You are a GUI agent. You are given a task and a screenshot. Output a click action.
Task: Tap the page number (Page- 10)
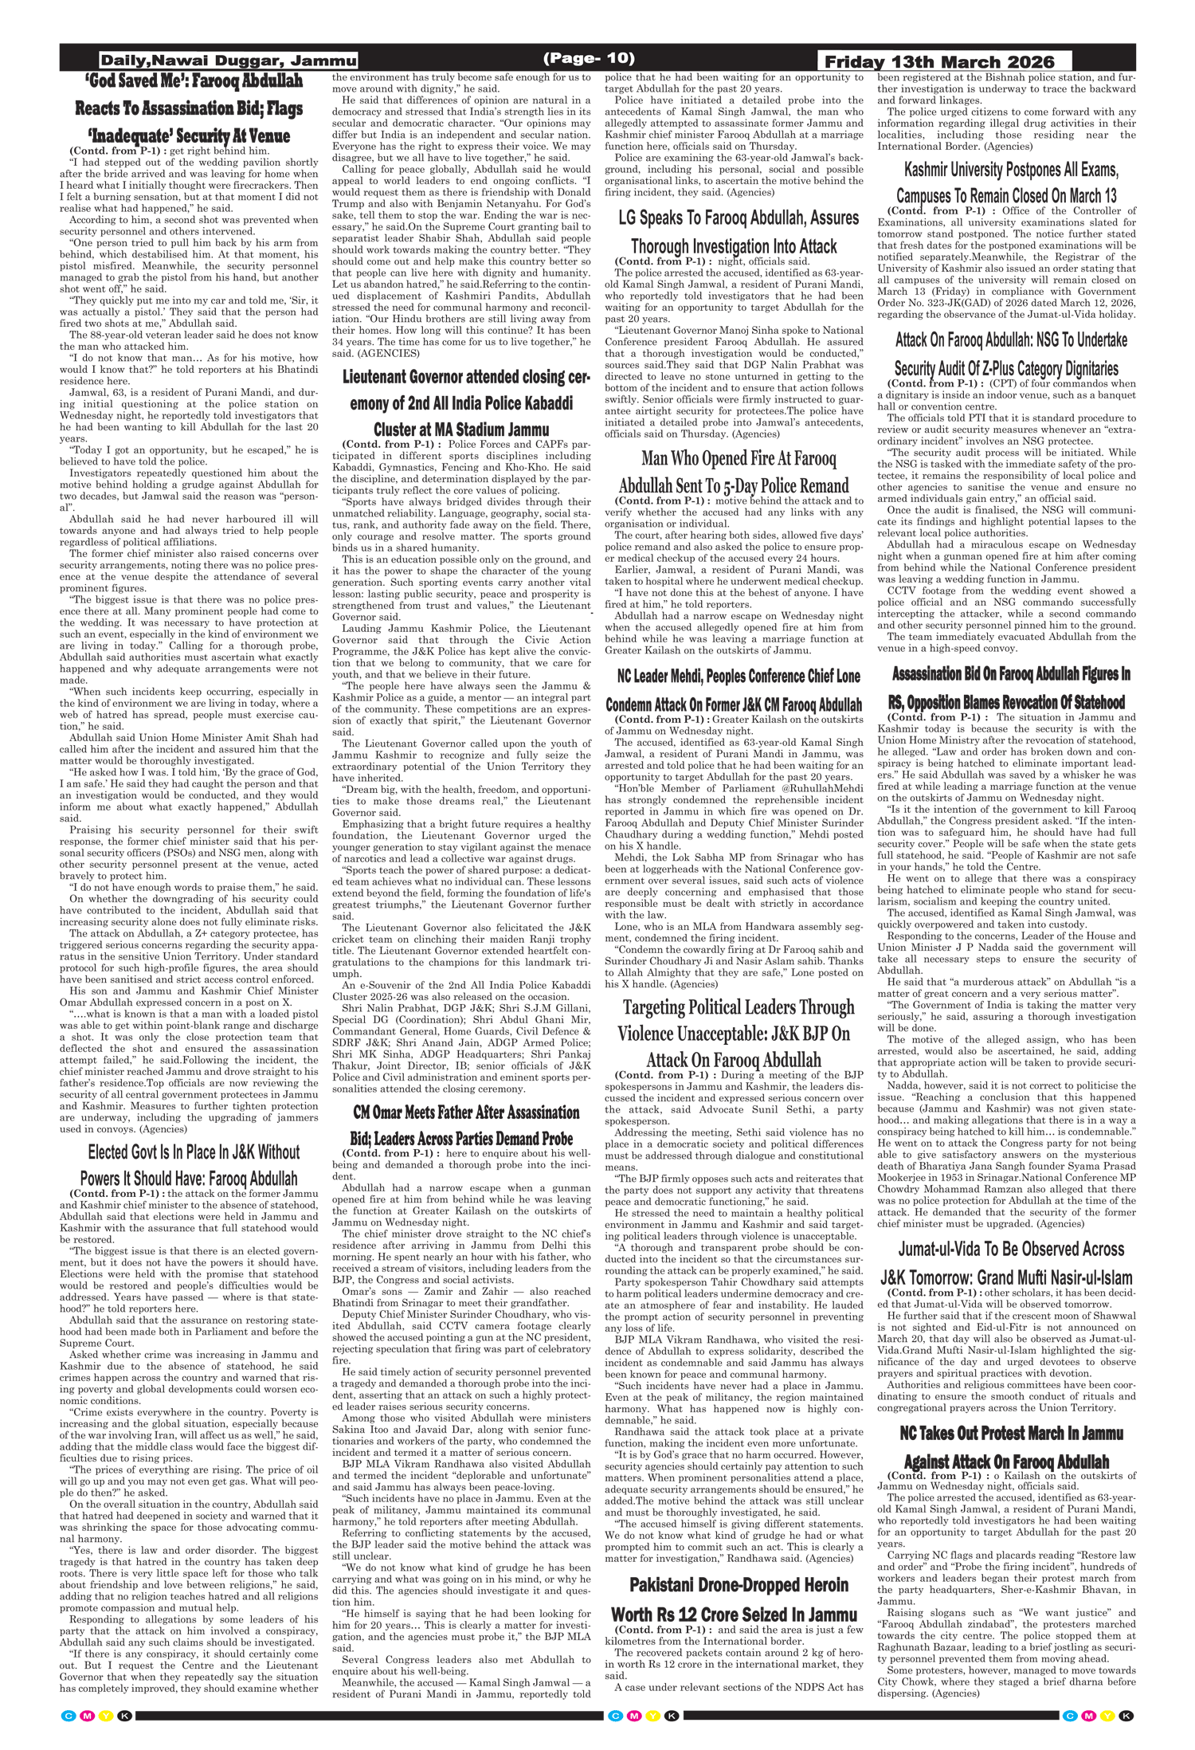coord(589,58)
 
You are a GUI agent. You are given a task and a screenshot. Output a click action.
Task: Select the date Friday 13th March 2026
coord(939,62)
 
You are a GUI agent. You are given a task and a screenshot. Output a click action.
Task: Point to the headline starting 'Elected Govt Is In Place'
coord(194,1152)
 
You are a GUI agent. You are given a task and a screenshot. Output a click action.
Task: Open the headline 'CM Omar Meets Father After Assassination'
coord(466,1112)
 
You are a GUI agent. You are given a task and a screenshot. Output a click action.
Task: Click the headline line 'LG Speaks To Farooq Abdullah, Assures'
coord(739,218)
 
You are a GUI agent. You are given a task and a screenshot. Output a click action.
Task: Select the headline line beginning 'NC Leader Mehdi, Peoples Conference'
coord(739,676)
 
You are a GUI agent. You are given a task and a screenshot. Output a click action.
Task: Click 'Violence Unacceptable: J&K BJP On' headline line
coord(733,1034)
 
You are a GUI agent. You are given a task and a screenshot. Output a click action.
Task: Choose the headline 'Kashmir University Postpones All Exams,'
coord(1011,170)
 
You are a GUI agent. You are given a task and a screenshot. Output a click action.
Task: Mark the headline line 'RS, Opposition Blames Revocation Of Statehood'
coord(1006,702)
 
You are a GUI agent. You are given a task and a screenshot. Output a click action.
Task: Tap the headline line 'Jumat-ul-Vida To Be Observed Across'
coord(1011,1249)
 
